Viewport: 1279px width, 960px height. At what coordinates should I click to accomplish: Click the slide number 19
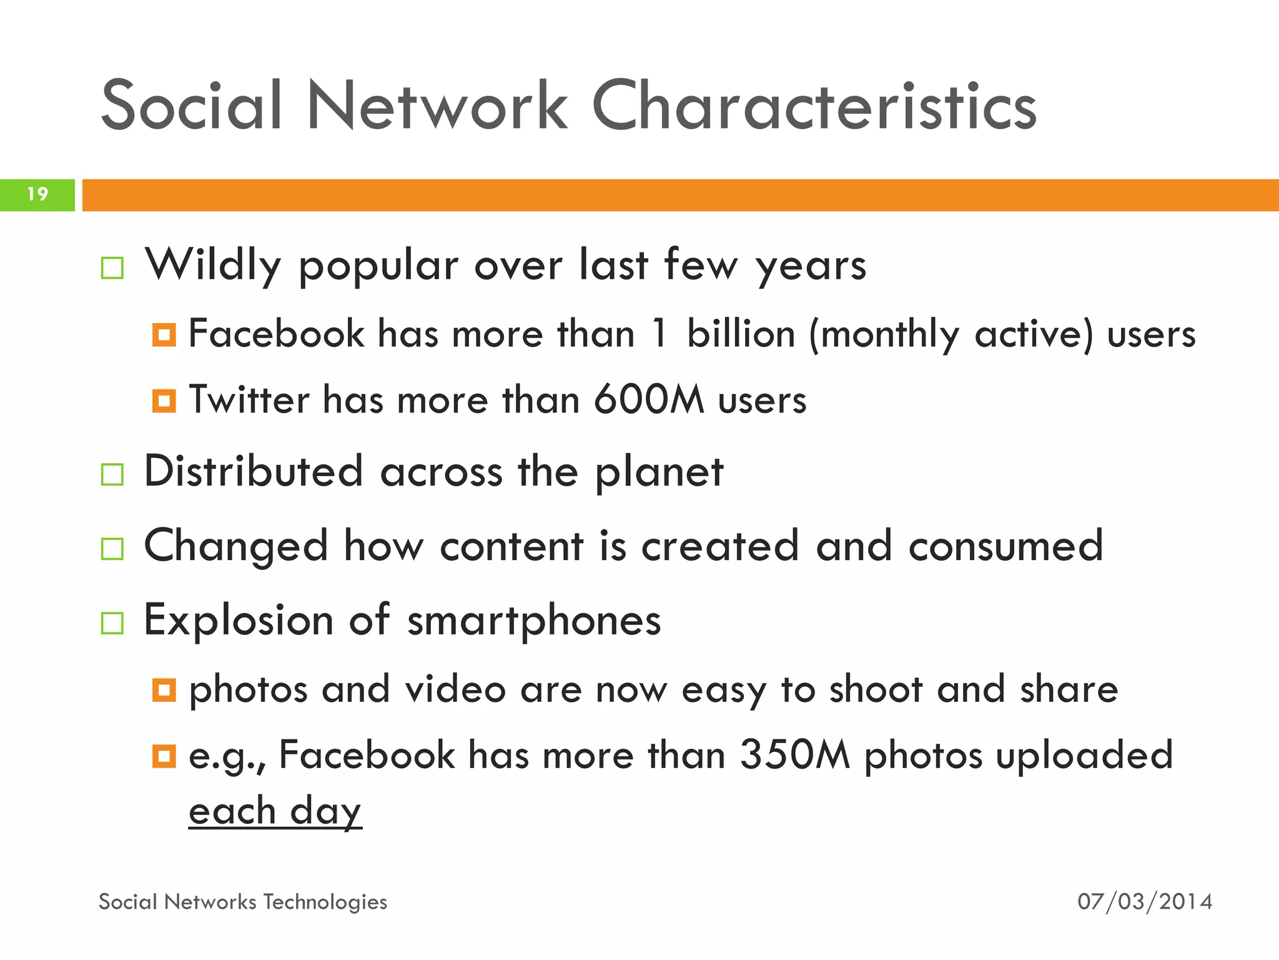pos(37,194)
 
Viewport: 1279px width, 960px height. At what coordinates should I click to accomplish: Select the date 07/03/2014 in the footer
pos(1145,901)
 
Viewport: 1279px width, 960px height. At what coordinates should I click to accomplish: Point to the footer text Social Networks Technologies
pos(243,901)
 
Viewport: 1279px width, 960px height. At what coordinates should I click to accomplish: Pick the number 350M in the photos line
pos(794,754)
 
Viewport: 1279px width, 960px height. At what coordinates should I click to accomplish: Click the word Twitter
pos(249,399)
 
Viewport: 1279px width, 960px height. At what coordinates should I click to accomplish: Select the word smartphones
pos(534,621)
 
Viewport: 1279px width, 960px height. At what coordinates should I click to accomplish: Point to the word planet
pos(659,472)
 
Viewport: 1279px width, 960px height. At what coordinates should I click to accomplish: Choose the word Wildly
pos(213,265)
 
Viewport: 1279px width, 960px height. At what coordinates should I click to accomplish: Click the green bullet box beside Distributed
pos(112,474)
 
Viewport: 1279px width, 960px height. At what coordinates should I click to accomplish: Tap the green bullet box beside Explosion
pos(112,623)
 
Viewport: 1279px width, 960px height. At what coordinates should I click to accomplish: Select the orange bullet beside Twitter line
pos(164,401)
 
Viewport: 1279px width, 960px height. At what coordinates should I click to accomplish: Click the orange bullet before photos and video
pos(164,690)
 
